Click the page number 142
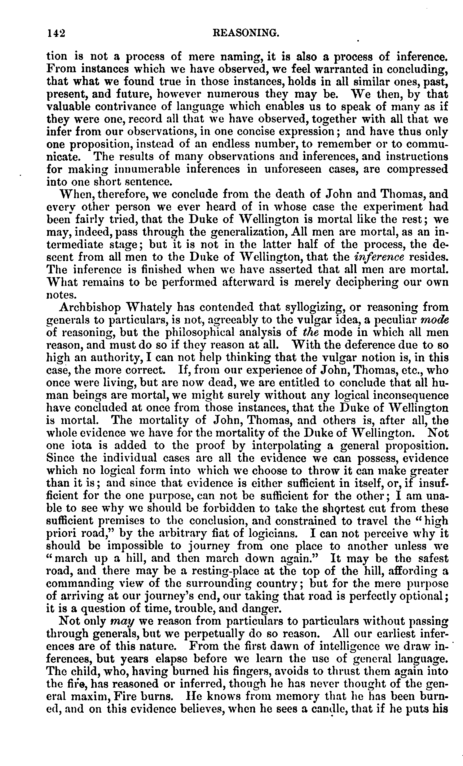(55, 32)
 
